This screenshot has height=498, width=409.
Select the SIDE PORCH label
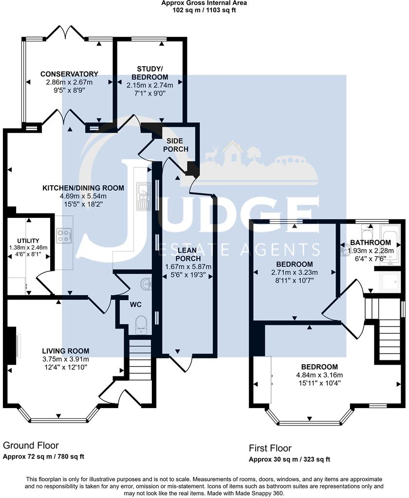tap(175, 144)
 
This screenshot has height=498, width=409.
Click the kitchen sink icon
tap(144, 196)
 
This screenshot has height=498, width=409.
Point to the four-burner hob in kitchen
tap(64, 236)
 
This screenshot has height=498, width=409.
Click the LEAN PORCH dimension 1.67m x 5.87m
tap(187, 267)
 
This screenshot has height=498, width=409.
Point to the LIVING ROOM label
tap(65, 351)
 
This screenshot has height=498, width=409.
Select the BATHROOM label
tap(371, 243)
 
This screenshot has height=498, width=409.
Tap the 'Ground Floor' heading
tap(31, 445)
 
